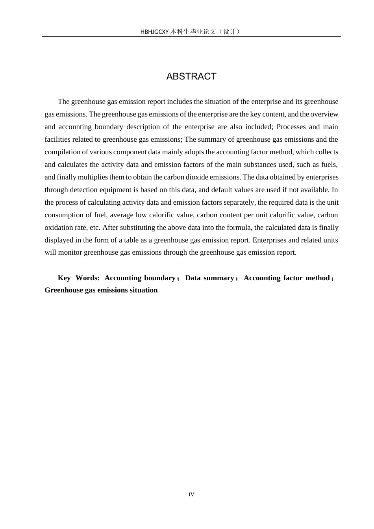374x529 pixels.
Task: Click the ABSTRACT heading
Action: click(191, 76)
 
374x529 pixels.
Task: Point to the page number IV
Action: click(191, 495)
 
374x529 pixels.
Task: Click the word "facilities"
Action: click(57, 139)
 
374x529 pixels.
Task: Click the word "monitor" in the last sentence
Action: click(70, 252)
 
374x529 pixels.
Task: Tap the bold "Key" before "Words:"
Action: click(64, 278)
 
